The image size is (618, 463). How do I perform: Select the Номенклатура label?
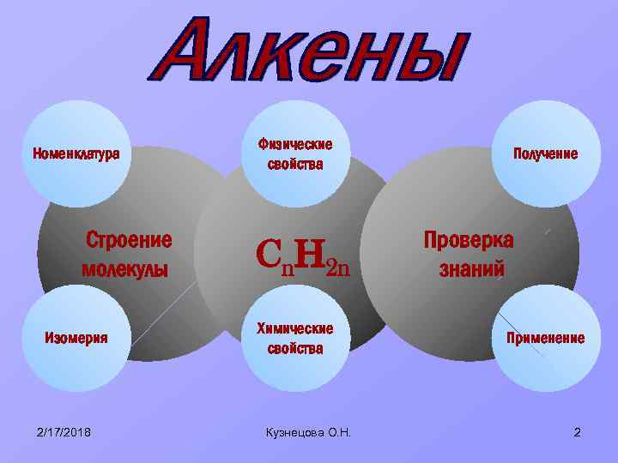pyautogui.click(x=76, y=155)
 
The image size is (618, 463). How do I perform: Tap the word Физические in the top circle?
pyautogui.click(x=295, y=144)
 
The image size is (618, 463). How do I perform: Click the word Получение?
pyautogui.click(x=545, y=154)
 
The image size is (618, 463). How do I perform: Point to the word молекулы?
pyautogui.click(x=124, y=270)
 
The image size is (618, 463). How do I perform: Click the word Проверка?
pyautogui.click(x=469, y=240)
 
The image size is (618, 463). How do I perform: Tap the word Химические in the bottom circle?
pyautogui.click(x=295, y=328)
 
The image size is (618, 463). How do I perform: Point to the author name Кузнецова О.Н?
pyautogui.click(x=310, y=431)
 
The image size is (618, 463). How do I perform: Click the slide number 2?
pyautogui.click(x=577, y=431)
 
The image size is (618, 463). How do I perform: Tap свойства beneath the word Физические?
pyautogui.click(x=295, y=165)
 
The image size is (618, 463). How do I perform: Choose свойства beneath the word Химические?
pyautogui.click(x=295, y=348)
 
